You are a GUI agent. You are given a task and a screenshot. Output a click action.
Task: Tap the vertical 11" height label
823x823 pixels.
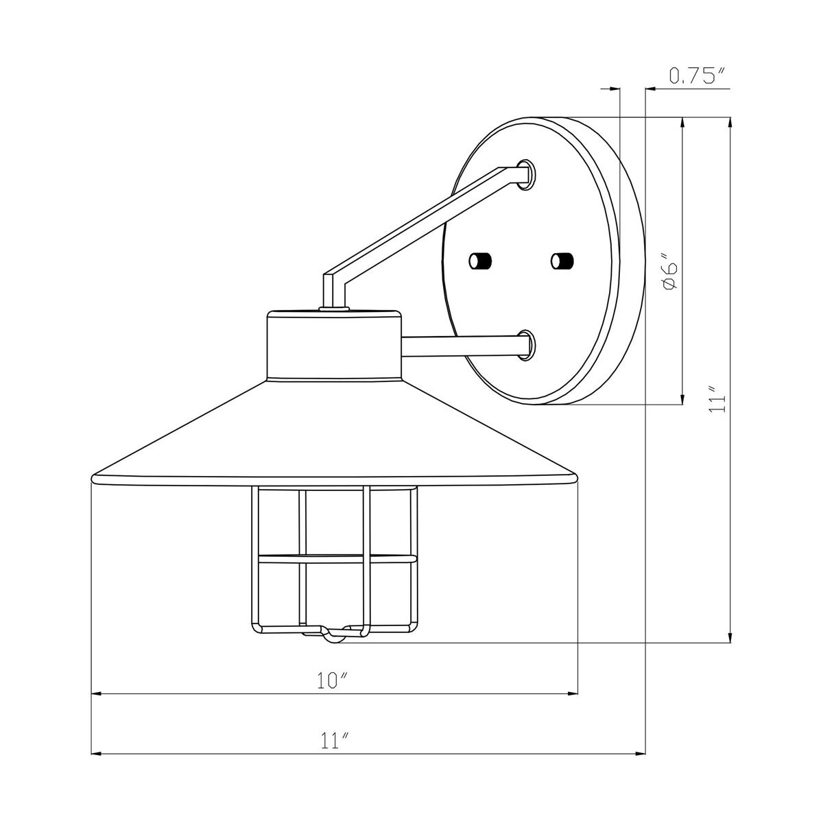click(x=718, y=400)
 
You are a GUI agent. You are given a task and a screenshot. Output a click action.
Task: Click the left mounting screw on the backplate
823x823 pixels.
click(x=480, y=261)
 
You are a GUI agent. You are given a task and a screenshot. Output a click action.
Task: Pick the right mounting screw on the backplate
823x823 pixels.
click(x=562, y=261)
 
